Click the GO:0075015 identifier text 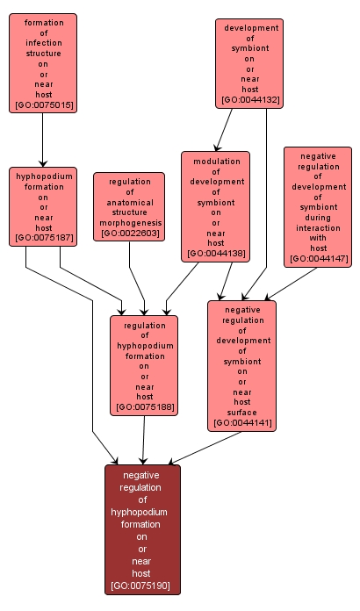point(43,104)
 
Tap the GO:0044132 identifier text point(249,99)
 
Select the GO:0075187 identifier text point(43,238)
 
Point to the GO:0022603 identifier point(129,233)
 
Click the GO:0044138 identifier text point(216,254)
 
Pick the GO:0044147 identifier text point(319,258)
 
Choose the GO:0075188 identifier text point(145,407)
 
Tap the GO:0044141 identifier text point(242,423)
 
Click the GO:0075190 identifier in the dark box point(140,586)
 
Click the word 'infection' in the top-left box point(44,43)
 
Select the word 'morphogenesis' point(130,223)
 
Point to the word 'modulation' point(217,162)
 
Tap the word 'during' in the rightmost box point(318,218)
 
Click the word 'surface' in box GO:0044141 point(242,413)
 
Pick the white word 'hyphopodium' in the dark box point(139,512)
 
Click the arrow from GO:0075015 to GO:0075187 point(43,140)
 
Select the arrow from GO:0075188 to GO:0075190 point(144,440)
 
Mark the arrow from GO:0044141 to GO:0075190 point(205,448)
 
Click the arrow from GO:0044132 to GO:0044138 point(224,130)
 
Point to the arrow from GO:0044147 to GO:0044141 point(291,284)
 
